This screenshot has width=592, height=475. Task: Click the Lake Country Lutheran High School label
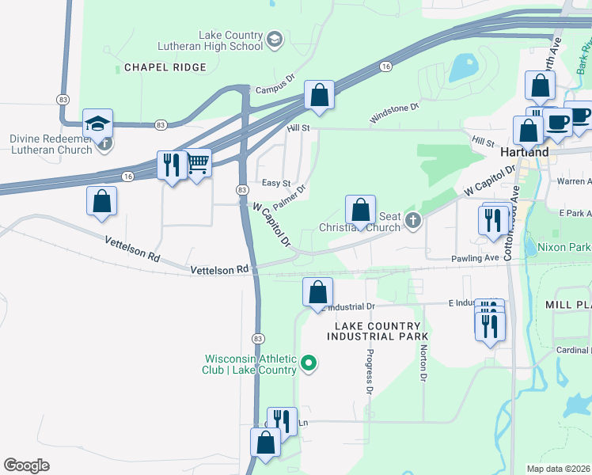click(x=210, y=40)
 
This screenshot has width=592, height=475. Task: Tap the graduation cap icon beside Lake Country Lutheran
click(x=275, y=40)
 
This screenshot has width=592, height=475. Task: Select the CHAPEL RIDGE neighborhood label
click(x=165, y=68)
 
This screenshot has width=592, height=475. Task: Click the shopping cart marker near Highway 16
click(x=197, y=164)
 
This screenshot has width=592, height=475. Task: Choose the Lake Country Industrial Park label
click(x=377, y=331)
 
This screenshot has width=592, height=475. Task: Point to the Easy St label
click(x=276, y=183)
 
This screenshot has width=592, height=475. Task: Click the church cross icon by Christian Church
click(x=412, y=221)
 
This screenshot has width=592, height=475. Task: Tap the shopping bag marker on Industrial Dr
click(x=317, y=292)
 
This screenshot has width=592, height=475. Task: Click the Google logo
click(x=27, y=465)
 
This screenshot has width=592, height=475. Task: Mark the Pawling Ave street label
click(x=474, y=258)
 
